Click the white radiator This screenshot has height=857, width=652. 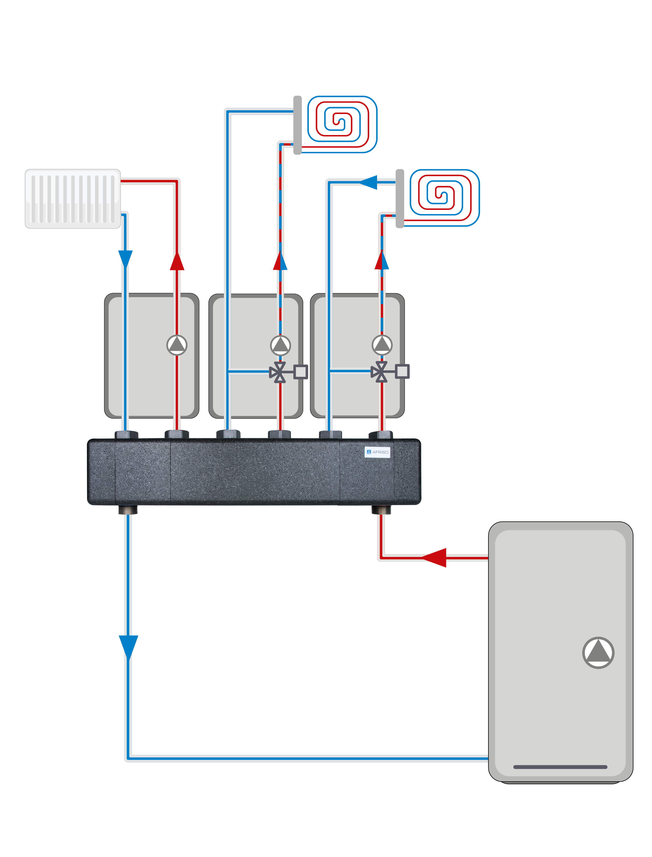tap(73, 199)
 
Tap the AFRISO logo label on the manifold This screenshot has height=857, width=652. tap(377, 452)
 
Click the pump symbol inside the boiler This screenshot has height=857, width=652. tap(598, 653)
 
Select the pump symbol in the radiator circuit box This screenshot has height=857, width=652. tap(177, 345)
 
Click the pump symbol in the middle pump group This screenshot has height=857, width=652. tap(280, 345)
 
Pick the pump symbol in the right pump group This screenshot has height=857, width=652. tap(382, 345)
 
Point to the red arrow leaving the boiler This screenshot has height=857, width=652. tap(434, 558)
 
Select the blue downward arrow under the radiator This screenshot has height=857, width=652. tap(125, 259)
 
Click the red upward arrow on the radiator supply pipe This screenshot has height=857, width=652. tap(177, 261)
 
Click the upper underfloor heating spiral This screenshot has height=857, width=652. tap(342, 124)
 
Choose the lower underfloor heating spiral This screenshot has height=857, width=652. tap(444, 197)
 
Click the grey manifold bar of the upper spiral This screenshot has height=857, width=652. tap(297, 125)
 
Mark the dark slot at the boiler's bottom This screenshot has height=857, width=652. tap(560, 767)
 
